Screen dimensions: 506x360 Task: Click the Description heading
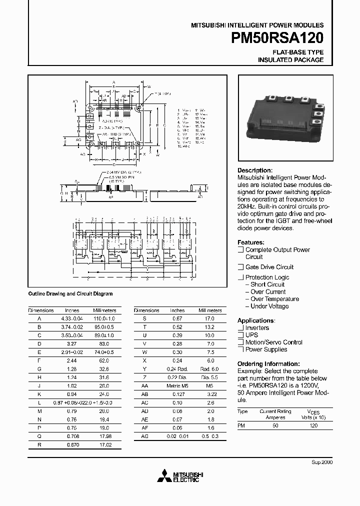coord(255,170)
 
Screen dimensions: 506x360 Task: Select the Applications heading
coord(256,320)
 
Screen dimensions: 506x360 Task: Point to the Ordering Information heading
coord(268,363)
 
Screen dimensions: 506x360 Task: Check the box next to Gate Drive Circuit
coord(240,267)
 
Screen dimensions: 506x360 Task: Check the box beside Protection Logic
coord(240,277)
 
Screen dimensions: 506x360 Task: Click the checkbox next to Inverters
coord(240,328)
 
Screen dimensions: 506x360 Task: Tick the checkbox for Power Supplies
coord(240,349)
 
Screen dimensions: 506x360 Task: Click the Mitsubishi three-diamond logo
coord(163,475)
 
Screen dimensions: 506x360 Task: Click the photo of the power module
coord(283,116)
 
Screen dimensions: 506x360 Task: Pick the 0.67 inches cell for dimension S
coord(177,318)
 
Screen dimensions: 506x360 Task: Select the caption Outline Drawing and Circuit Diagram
coord(70,294)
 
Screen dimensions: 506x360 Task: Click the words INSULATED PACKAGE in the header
coord(290,59)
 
